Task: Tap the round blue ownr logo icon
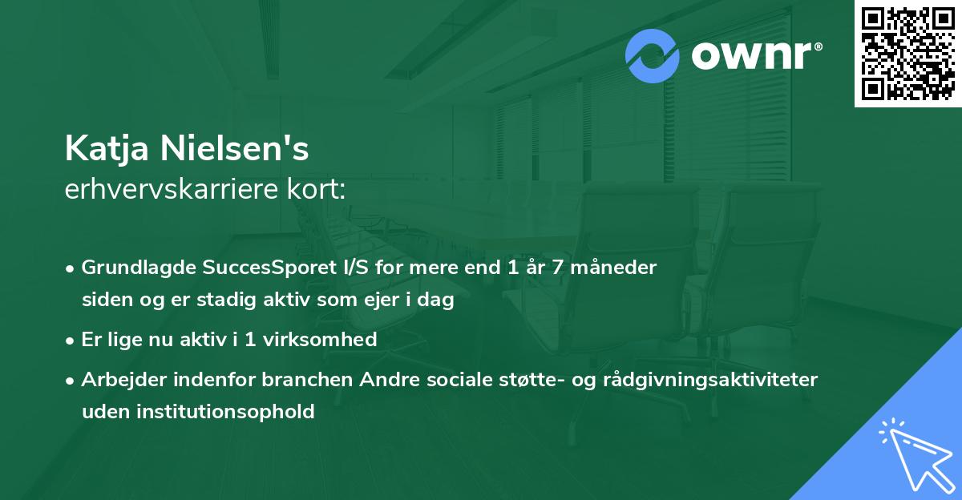(653, 56)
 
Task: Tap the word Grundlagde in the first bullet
(135, 268)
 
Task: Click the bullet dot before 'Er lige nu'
(71, 341)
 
